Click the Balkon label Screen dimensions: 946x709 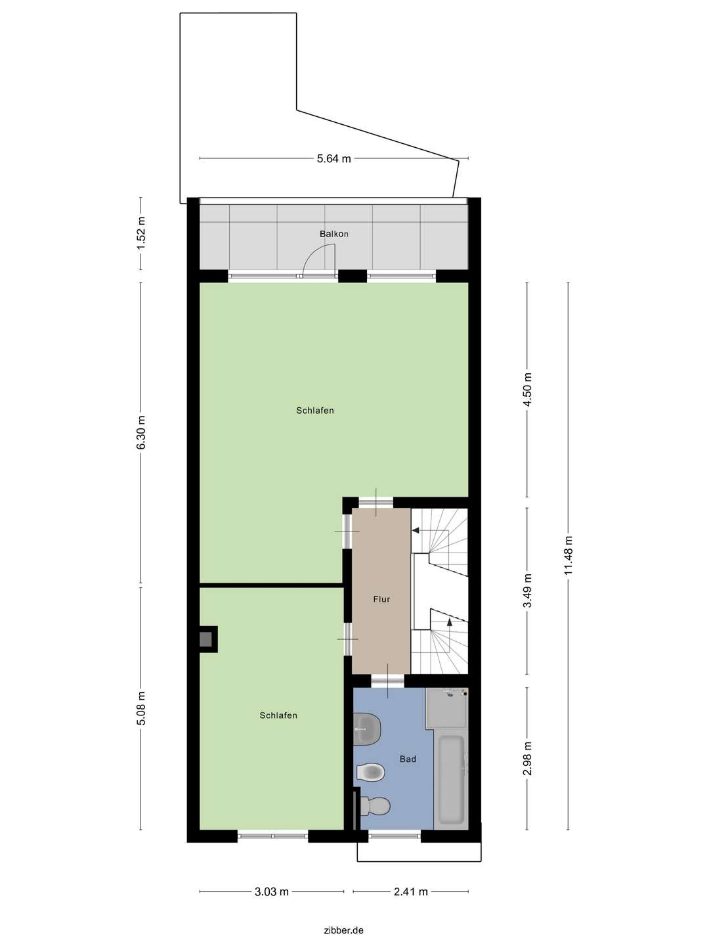[333, 234]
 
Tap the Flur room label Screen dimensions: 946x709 [381, 599]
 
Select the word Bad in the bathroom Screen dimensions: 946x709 [408, 759]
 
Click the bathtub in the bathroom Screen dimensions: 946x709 [451, 779]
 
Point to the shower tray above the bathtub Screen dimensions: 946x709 [446, 708]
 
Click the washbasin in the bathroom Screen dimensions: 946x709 [366, 729]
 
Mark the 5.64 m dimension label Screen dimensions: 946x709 [333, 158]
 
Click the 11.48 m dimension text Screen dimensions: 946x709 [568, 556]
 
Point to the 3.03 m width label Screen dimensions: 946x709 [271, 891]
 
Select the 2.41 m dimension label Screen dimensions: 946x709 [410, 891]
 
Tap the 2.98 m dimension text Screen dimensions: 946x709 [526, 759]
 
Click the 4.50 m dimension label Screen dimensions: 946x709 [526, 390]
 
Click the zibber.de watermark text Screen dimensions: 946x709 [343, 930]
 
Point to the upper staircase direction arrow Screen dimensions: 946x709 [416, 530]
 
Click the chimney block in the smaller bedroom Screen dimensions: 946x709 [207, 639]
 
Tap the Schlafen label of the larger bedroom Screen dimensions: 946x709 [314, 411]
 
